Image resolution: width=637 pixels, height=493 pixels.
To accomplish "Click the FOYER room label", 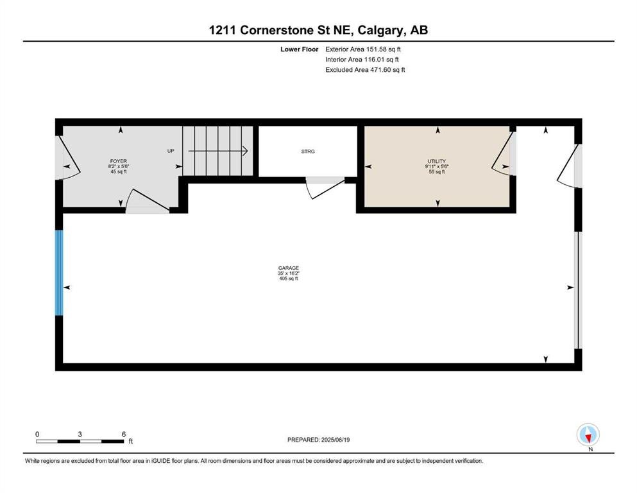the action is tap(118, 161).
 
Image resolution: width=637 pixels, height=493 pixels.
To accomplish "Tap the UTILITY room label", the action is tap(437, 161).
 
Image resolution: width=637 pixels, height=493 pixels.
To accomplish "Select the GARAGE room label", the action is tap(289, 268).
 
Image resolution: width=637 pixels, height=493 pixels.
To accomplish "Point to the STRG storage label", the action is tap(308, 151).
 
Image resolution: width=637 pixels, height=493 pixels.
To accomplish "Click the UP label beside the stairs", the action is tap(171, 151).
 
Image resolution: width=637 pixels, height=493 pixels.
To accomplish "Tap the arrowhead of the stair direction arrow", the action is tap(246, 151).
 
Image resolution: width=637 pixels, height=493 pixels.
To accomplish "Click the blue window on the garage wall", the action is tap(59, 273).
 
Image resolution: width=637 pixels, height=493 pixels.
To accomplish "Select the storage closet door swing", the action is tap(325, 187).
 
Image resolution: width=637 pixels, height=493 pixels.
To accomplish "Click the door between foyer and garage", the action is tap(148, 202).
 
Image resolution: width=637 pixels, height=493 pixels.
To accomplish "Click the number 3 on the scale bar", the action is tap(80, 434).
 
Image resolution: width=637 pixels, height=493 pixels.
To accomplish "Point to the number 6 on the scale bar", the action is tap(124, 434).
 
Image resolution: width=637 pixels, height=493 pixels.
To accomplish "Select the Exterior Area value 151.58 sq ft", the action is tap(384, 49).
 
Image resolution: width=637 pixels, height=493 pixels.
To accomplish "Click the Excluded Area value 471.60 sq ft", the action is tap(387, 69).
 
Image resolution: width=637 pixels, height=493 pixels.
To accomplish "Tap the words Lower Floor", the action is tap(300, 49).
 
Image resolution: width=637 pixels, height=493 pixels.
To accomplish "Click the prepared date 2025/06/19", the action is tap(335, 440).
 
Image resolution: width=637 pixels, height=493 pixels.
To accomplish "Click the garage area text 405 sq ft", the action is tap(289, 279).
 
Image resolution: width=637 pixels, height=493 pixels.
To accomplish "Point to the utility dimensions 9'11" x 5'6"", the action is tap(437, 166).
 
